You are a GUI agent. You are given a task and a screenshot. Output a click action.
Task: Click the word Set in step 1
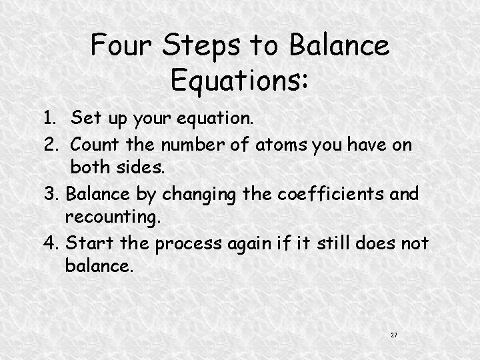pyautogui.click(x=85, y=120)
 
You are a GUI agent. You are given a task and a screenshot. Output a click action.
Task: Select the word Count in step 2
pyautogui.click(x=95, y=144)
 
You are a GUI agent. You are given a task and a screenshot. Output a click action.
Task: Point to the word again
pyautogui.click(x=251, y=244)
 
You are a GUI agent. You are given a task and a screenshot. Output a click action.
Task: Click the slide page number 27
pyautogui.click(x=394, y=333)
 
